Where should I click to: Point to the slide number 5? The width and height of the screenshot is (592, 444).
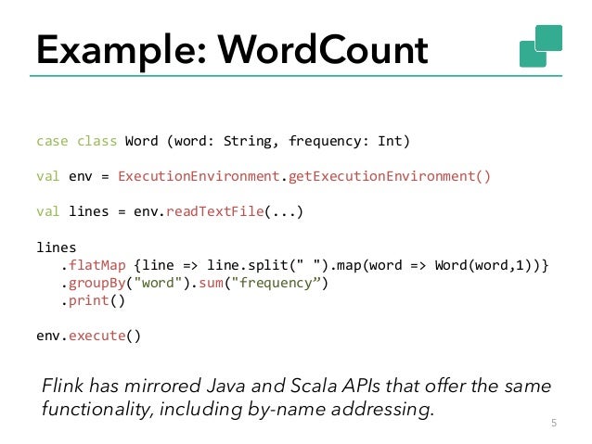(554, 425)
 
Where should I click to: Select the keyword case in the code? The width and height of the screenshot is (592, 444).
(52, 142)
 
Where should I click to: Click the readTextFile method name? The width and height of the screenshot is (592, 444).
(214, 210)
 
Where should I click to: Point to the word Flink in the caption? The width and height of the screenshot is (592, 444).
(65, 386)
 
